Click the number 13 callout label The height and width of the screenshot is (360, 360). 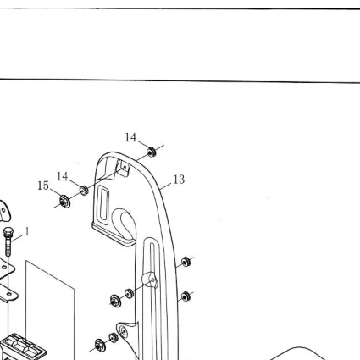pyautogui.click(x=179, y=180)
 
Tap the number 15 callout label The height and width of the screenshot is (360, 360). pyautogui.click(x=43, y=186)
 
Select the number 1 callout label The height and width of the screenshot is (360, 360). pyautogui.click(x=27, y=232)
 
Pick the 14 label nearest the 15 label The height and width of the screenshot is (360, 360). pyautogui.click(x=63, y=177)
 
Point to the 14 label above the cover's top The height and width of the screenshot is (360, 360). pyautogui.click(x=130, y=138)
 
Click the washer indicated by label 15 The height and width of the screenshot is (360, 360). pyautogui.click(x=65, y=202)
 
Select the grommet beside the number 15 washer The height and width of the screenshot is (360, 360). pyautogui.click(x=84, y=191)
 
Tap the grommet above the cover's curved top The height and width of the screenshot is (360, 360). pyautogui.click(x=152, y=152)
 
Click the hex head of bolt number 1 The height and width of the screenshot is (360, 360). pyautogui.click(x=8, y=232)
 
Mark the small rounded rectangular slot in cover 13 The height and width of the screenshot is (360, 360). pyautogui.click(x=104, y=203)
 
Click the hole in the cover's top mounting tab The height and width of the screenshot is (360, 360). pyautogui.click(x=125, y=167)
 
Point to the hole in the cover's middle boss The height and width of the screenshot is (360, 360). pyautogui.click(x=152, y=280)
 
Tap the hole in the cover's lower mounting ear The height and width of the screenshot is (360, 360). pyautogui.click(x=123, y=330)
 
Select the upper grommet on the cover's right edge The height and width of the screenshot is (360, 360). pyautogui.click(x=186, y=262)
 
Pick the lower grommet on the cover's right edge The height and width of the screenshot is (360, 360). pyautogui.click(x=186, y=296)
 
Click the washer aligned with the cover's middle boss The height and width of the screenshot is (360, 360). pyautogui.click(x=115, y=301)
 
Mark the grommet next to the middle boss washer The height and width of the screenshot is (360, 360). pyautogui.click(x=129, y=293)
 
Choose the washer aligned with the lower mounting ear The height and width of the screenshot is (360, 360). pyautogui.click(x=100, y=345)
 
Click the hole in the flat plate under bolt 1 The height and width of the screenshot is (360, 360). pyautogui.click(x=9, y=295)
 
